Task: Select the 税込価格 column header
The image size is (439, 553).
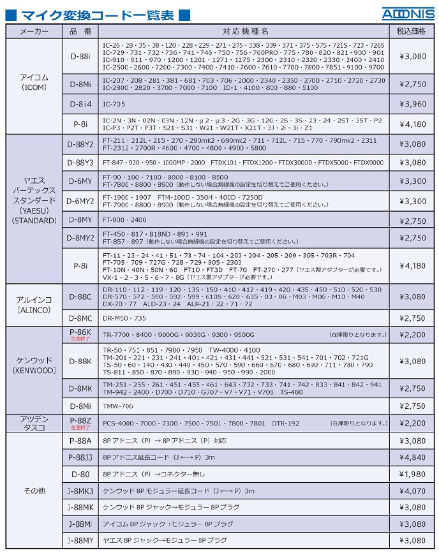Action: [x=412, y=31]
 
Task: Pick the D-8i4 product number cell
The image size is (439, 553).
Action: [x=80, y=103]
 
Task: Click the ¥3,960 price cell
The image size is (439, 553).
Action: [x=412, y=103]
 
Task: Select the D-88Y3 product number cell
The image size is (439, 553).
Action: [x=80, y=163]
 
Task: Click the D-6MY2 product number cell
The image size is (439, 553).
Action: [x=80, y=201]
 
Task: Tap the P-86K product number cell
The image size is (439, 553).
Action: [x=80, y=334]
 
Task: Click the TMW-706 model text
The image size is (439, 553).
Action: [x=117, y=406]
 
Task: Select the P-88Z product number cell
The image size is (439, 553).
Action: [x=80, y=422]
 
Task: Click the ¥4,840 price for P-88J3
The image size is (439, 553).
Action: [x=412, y=457]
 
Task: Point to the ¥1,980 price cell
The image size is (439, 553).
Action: [x=412, y=474]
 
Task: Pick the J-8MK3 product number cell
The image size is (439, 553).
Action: [x=80, y=490]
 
